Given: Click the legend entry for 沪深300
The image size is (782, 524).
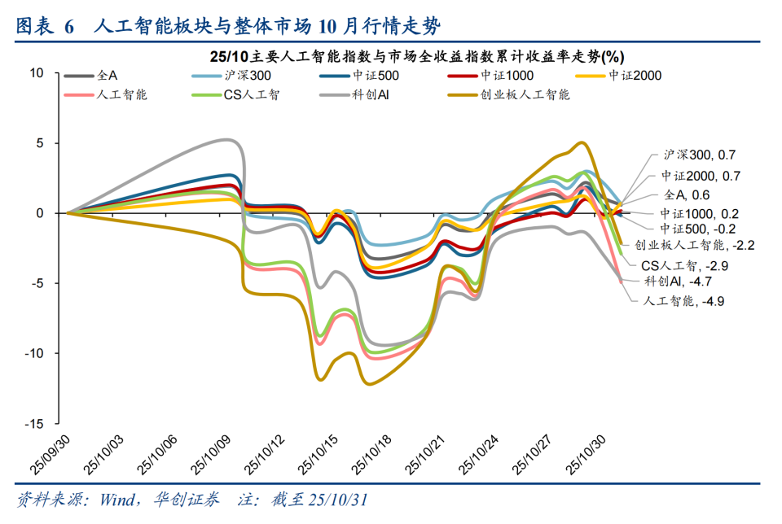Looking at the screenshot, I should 233,76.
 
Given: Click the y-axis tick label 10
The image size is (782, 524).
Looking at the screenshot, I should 36,72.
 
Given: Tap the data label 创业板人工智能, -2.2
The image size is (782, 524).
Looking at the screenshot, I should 688,244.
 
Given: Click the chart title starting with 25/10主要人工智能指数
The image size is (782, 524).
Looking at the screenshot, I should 416,56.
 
